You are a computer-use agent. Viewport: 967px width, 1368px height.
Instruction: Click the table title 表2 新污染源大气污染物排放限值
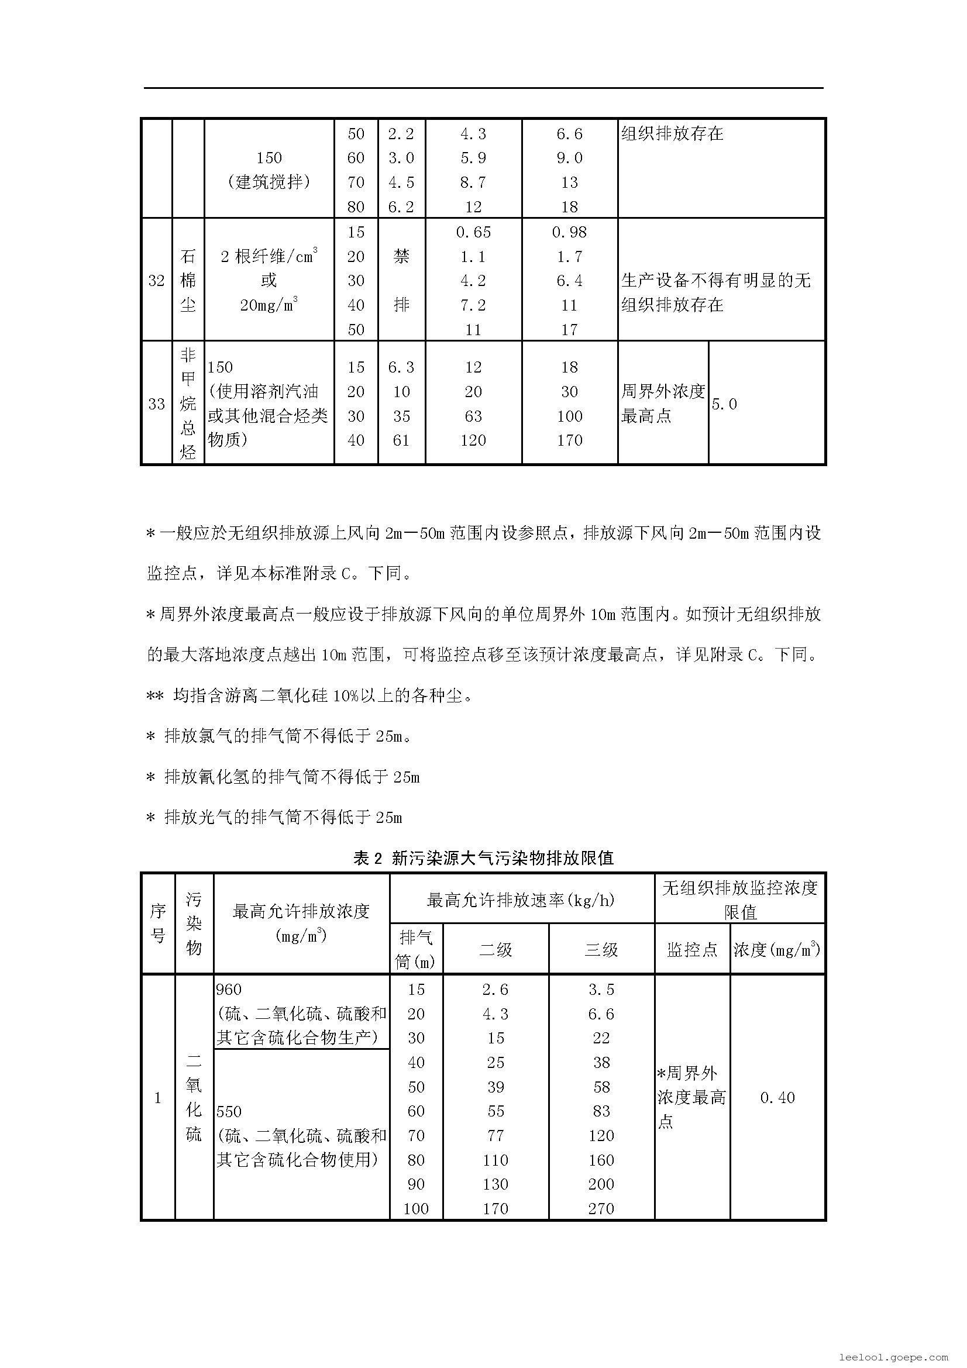[483, 858]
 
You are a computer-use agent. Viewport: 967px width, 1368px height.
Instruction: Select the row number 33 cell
[156, 404]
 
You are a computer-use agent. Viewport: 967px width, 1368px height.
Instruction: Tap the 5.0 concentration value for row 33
[724, 404]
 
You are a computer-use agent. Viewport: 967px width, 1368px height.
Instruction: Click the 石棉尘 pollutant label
[188, 281]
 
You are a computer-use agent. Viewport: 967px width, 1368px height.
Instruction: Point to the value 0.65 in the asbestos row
[473, 232]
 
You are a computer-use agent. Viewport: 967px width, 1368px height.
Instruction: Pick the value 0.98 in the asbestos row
[569, 232]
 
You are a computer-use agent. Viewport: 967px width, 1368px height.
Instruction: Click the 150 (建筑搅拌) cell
[269, 170]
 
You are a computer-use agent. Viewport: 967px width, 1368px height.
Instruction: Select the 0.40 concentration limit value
[777, 1097]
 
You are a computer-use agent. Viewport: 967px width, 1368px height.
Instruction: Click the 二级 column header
[495, 950]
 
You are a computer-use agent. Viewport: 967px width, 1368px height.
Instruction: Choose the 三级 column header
[601, 950]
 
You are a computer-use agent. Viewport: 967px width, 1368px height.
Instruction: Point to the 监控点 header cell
[691, 950]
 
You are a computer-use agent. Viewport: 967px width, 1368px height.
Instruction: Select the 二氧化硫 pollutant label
[194, 1097]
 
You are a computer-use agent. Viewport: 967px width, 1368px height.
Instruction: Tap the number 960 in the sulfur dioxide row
[229, 990]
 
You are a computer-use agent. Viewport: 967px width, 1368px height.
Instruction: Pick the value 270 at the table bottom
[601, 1209]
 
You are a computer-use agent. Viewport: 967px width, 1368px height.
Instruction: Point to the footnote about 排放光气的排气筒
[275, 818]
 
